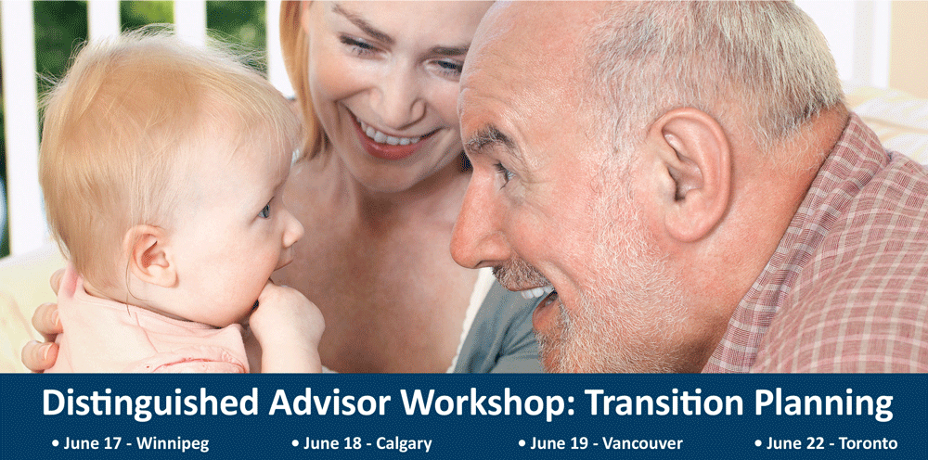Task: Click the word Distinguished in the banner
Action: coord(150,404)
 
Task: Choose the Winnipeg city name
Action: coord(173,444)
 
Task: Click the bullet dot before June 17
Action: coord(56,443)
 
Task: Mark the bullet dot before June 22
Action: coord(758,443)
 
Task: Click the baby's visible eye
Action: coord(265,210)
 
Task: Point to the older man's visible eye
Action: coord(503,173)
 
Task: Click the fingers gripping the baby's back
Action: coord(43,334)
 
